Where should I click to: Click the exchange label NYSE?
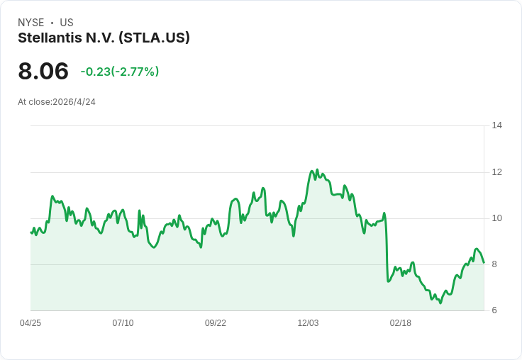(x=31, y=23)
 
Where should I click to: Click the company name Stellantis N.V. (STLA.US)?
(x=104, y=38)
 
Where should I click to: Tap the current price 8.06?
(x=43, y=71)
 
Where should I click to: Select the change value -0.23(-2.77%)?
(x=120, y=72)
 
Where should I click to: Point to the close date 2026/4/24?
(x=74, y=102)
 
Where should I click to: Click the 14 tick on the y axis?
(x=496, y=125)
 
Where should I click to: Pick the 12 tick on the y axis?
(x=496, y=172)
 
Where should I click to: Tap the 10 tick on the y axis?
(x=496, y=218)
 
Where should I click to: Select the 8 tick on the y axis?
(x=494, y=264)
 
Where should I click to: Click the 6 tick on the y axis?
(x=494, y=310)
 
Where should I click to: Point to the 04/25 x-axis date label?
(x=30, y=323)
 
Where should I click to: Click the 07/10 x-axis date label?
(x=123, y=323)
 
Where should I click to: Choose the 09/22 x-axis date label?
(x=216, y=323)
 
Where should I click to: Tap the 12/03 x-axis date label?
(x=308, y=323)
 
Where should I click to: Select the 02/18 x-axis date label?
(x=401, y=323)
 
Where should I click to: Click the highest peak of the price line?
(x=317, y=169)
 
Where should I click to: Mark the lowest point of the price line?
(x=440, y=303)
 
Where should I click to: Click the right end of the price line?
(x=484, y=263)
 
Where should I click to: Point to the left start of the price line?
(x=31, y=232)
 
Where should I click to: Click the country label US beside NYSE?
(x=67, y=23)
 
